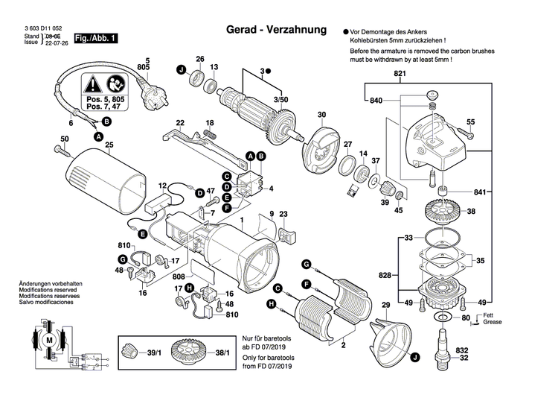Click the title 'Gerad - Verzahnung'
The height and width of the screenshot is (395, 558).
point(275,31)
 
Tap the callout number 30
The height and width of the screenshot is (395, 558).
point(321,115)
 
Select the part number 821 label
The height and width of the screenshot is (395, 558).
point(400,74)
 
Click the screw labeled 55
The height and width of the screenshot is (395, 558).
point(469,134)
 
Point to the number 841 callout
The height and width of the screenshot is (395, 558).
point(481,192)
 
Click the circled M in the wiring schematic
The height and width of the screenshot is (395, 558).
point(50,340)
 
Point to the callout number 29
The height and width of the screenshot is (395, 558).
point(386,306)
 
